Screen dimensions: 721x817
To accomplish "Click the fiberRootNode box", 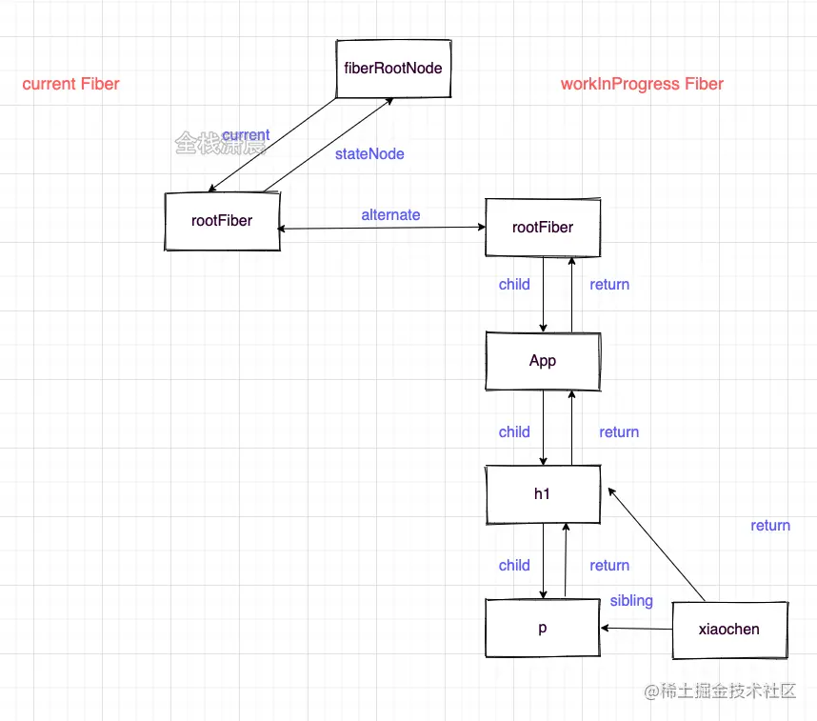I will [x=393, y=69].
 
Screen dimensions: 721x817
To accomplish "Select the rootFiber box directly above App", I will [x=543, y=228].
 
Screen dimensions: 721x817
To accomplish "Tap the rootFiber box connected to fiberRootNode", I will [x=222, y=221].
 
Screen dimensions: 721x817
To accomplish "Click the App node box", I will [x=543, y=361].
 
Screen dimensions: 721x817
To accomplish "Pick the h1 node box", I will [x=543, y=494].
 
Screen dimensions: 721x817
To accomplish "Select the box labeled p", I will [x=543, y=629].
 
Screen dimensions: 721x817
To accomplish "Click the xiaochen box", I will [x=729, y=630].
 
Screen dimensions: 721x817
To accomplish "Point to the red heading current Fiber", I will [x=71, y=84].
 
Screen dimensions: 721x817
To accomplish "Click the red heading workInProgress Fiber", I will [x=642, y=84].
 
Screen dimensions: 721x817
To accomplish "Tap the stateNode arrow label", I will [x=369, y=153].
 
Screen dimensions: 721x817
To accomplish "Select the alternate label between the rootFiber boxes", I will [x=390, y=215].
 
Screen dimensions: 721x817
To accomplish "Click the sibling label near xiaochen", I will [x=631, y=601].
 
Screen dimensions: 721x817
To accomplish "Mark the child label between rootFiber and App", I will [x=514, y=284].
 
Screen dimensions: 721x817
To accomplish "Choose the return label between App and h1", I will [x=619, y=432].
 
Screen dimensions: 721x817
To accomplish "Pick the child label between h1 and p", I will [x=514, y=566].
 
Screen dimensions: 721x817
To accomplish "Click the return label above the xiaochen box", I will [x=770, y=526].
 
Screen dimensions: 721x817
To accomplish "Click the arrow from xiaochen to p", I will [x=636, y=629].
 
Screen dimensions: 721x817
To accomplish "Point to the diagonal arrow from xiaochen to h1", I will [x=656, y=546].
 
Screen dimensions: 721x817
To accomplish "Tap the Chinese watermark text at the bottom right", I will [x=720, y=692].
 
